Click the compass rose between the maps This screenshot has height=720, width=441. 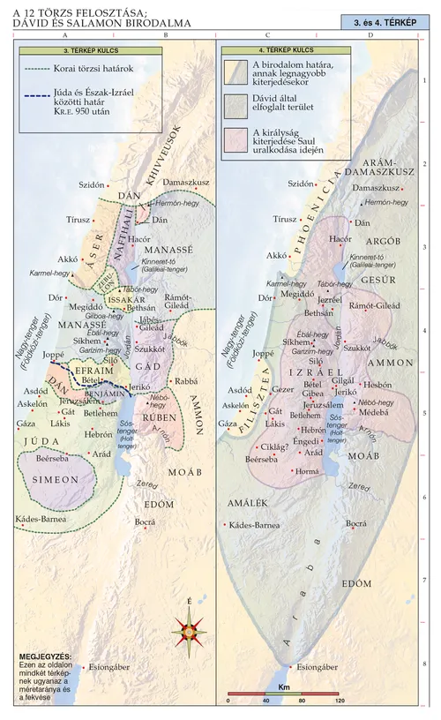click(189, 628)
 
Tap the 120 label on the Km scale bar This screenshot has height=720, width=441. click(340, 700)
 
